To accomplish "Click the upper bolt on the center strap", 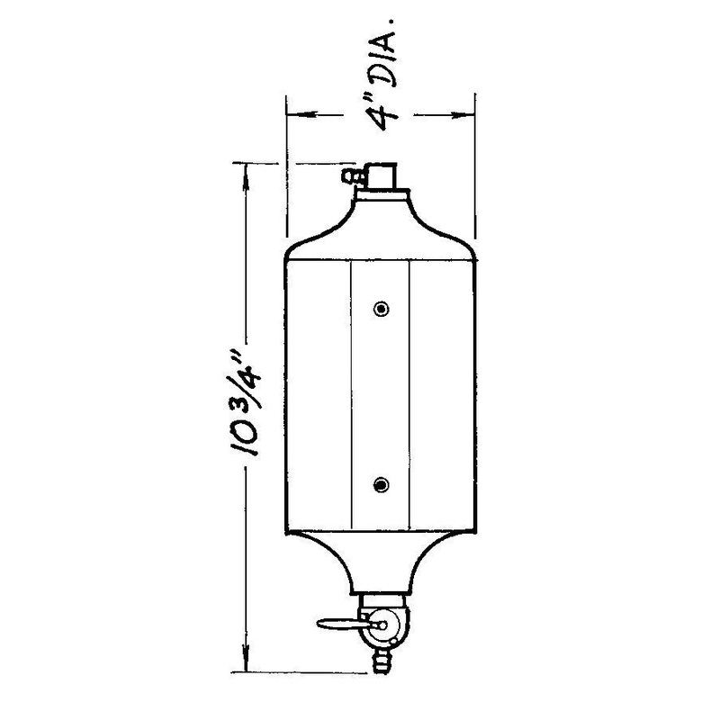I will tap(382, 309).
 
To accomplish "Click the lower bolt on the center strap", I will tap(382, 485).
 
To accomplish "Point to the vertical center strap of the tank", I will tap(381, 396).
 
